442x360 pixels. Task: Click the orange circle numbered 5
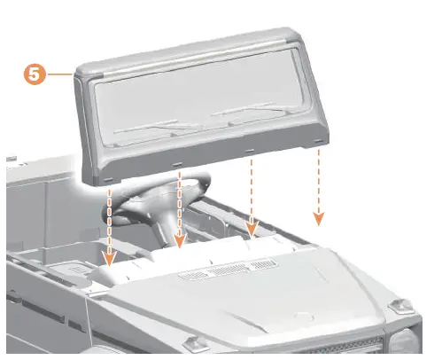35,74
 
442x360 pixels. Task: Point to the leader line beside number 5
60,74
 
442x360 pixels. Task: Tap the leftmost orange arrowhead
110,259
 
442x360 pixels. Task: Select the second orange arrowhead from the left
180,241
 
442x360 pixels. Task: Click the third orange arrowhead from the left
252,230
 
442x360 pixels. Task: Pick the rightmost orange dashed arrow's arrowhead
319,219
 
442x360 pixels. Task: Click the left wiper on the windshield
157,127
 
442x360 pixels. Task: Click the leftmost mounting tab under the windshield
108,180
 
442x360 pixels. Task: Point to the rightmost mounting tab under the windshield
318,141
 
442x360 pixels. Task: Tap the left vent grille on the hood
193,275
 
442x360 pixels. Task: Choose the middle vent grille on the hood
228,270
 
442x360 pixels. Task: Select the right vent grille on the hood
264,264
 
